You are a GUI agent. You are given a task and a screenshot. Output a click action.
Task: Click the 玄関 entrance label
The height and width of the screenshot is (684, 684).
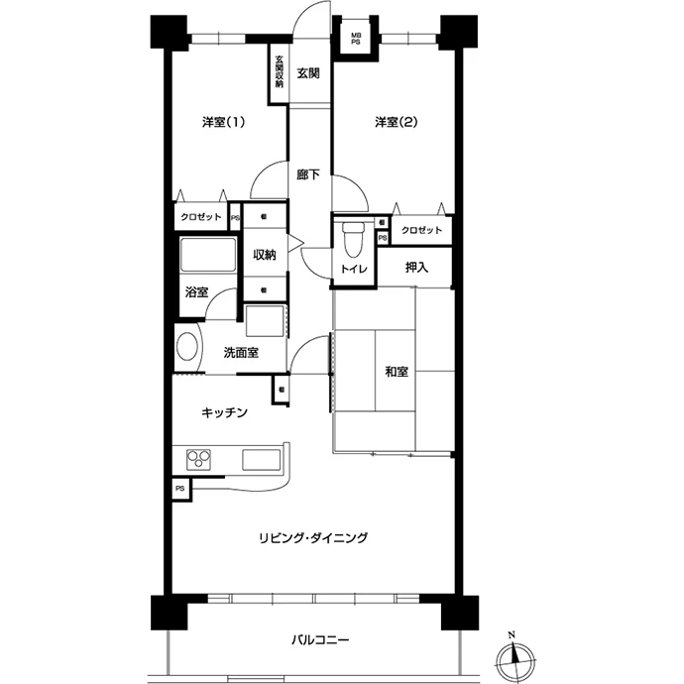pos(308,73)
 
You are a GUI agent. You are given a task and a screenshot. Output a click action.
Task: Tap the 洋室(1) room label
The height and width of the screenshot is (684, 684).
pos(223,122)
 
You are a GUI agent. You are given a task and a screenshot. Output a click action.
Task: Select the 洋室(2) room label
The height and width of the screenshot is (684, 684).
pos(397,122)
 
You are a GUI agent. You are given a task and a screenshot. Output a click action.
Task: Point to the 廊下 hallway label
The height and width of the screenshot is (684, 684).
pos(308,174)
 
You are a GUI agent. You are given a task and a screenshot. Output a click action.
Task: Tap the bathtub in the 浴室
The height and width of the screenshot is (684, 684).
pos(208,255)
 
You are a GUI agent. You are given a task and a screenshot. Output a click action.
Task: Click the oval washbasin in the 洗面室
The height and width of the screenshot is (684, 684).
pos(187,347)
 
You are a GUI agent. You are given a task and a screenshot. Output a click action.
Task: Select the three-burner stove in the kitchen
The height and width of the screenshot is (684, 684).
pos(198,459)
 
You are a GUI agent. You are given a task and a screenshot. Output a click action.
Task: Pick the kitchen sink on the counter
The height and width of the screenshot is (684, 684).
pos(262,460)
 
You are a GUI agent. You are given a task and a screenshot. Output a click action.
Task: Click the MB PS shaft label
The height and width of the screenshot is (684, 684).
pos(356,39)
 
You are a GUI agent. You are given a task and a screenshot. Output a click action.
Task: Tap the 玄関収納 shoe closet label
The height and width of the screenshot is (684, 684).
pos(280,71)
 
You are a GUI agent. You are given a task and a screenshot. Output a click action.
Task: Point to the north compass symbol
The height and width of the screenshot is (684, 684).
pos(515,655)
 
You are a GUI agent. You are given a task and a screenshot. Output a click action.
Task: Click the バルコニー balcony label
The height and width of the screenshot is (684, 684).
pos(320,640)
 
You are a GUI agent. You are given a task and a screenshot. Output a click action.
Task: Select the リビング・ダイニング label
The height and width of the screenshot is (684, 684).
pos(313,538)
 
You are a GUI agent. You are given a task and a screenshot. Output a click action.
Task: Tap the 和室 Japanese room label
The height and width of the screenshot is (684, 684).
pos(397,372)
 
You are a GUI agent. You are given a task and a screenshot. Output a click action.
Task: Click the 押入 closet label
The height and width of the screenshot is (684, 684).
pos(416,268)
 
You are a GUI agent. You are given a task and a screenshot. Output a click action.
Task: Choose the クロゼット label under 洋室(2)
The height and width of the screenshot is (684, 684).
pos(421,230)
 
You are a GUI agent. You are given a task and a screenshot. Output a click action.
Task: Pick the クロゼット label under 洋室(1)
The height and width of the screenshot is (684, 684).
pos(201,217)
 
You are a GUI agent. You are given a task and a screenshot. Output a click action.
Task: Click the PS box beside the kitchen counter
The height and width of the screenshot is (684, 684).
pos(181,489)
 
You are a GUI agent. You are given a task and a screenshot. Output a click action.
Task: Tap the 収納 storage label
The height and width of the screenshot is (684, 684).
pos(265,255)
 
